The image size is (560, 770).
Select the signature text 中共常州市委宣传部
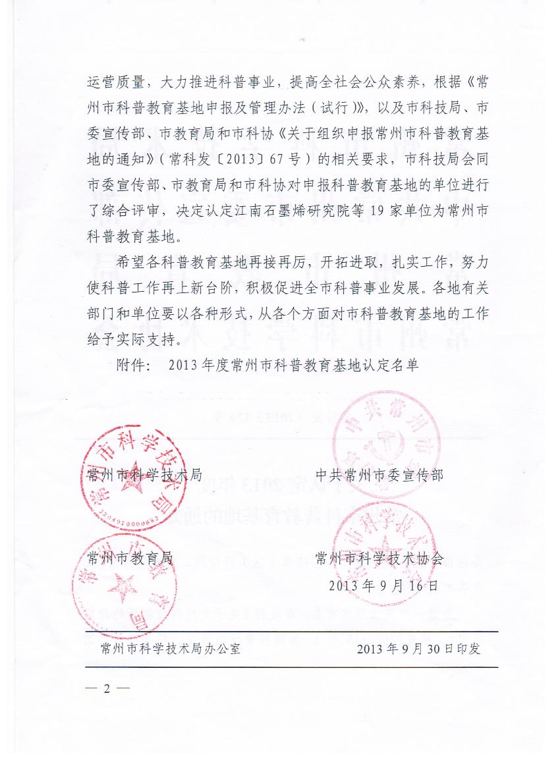tap(379, 475)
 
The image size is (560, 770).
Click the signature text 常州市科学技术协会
tap(379, 559)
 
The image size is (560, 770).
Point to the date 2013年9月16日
tap(383, 585)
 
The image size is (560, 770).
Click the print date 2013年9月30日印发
tap(418, 648)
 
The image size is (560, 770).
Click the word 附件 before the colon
tap(132, 364)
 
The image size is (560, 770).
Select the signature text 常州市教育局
tap(129, 559)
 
